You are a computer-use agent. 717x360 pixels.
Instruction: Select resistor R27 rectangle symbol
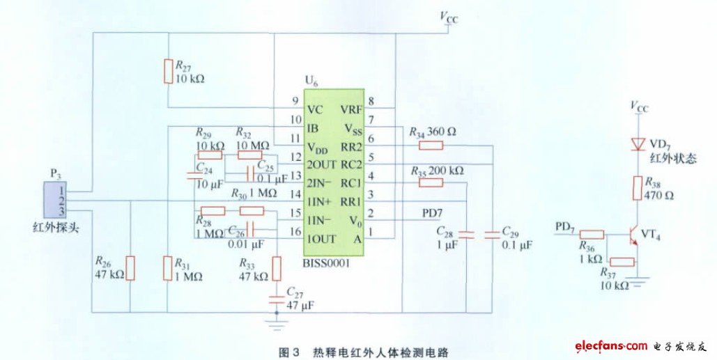[167, 72]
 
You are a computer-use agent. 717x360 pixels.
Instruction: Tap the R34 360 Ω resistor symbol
[431, 146]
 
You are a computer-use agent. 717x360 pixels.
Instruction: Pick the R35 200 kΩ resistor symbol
[431, 182]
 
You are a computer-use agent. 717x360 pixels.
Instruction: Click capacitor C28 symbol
[465, 235]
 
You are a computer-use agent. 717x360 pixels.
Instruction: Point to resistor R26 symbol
[130, 267]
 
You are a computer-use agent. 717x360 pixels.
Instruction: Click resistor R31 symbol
[167, 267]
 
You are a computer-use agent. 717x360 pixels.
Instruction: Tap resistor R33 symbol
[277, 267]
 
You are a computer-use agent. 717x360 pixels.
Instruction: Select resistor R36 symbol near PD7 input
[592, 237]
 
